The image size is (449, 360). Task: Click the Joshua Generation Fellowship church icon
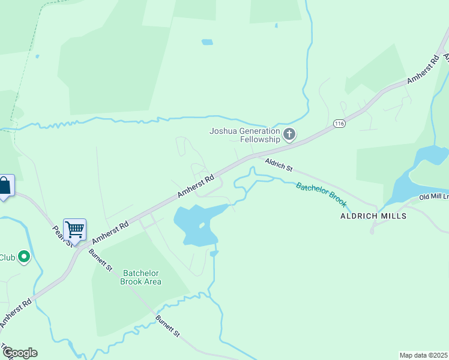click(289, 134)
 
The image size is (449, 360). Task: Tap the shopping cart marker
click(74, 229)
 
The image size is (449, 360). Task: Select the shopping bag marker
click(5, 185)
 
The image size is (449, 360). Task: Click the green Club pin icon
click(24, 257)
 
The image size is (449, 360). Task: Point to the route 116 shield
click(340, 124)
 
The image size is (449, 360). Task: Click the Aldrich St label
click(279, 164)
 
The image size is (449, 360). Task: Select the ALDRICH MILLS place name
click(373, 216)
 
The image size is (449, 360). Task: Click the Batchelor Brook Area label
click(141, 277)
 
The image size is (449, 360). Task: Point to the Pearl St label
click(62, 236)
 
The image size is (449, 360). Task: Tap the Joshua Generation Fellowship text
click(244, 135)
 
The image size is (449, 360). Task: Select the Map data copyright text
click(424, 355)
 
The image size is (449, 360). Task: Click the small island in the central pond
click(202, 226)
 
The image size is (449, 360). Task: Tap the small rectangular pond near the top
click(207, 42)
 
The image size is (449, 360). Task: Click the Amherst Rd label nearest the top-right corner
click(423, 70)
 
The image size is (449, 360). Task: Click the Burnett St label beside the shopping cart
click(101, 259)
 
